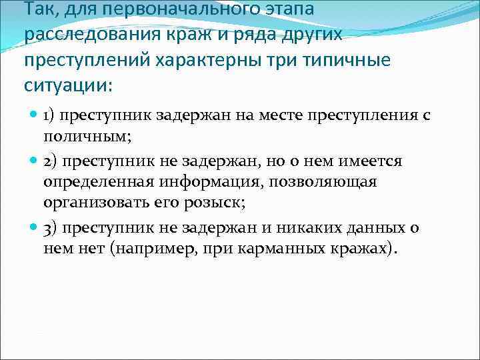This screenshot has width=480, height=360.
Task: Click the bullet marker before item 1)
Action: coord(34,114)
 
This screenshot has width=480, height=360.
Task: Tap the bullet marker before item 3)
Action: coord(34,228)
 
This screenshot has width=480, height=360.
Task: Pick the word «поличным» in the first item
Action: coord(84,137)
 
